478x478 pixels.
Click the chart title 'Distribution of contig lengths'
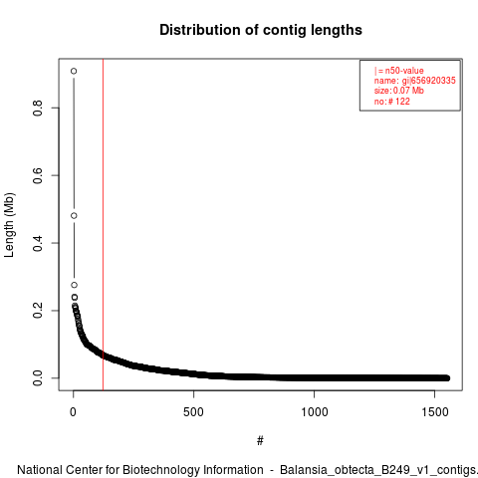point(261,30)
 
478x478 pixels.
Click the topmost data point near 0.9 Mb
point(74,71)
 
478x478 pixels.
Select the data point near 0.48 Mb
point(74,216)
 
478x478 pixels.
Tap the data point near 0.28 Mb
point(74,285)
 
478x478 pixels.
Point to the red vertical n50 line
point(103,224)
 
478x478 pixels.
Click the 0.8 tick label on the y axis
point(38,108)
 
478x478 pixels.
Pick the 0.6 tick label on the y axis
point(38,175)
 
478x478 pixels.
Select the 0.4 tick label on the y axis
point(38,243)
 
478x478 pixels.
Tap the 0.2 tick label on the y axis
point(38,311)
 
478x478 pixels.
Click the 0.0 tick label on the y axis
point(38,377)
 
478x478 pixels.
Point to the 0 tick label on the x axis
point(73,412)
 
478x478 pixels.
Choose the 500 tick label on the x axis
point(193,412)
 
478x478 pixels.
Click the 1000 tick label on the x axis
point(314,412)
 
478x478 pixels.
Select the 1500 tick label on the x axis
point(435,412)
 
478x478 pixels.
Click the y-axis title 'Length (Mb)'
point(9,225)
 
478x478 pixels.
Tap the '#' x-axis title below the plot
point(260,441)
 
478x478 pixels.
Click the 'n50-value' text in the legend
point(404,71)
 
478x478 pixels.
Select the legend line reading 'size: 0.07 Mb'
point(399,91)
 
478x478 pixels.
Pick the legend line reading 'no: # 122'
point(392,101)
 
